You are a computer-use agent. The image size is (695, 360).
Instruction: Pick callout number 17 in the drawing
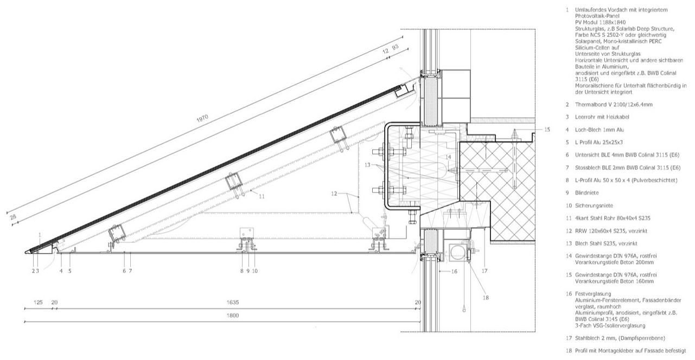484,271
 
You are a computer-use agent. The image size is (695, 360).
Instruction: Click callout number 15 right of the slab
547,129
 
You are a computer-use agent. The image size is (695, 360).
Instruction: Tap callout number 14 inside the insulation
448,157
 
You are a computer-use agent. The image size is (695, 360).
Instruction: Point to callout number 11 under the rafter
262,197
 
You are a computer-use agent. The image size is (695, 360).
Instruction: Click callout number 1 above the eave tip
40,234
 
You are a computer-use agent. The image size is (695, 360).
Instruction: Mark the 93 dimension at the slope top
395,48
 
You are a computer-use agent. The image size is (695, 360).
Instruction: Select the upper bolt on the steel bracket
379,151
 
